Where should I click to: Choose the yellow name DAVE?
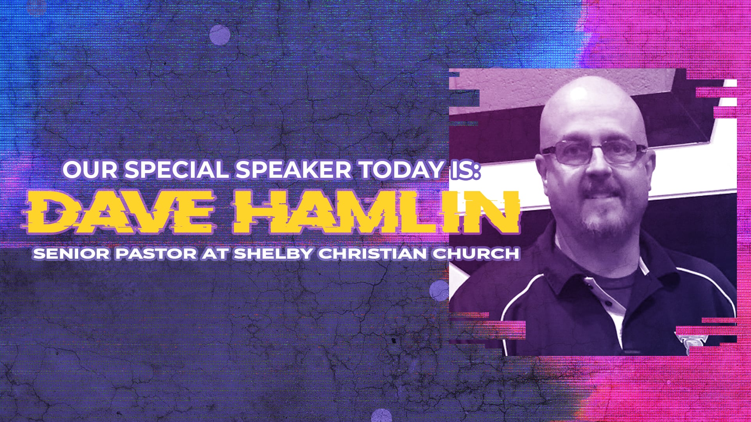[x=119, y=213]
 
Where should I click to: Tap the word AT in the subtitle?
[x=215, y=254]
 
